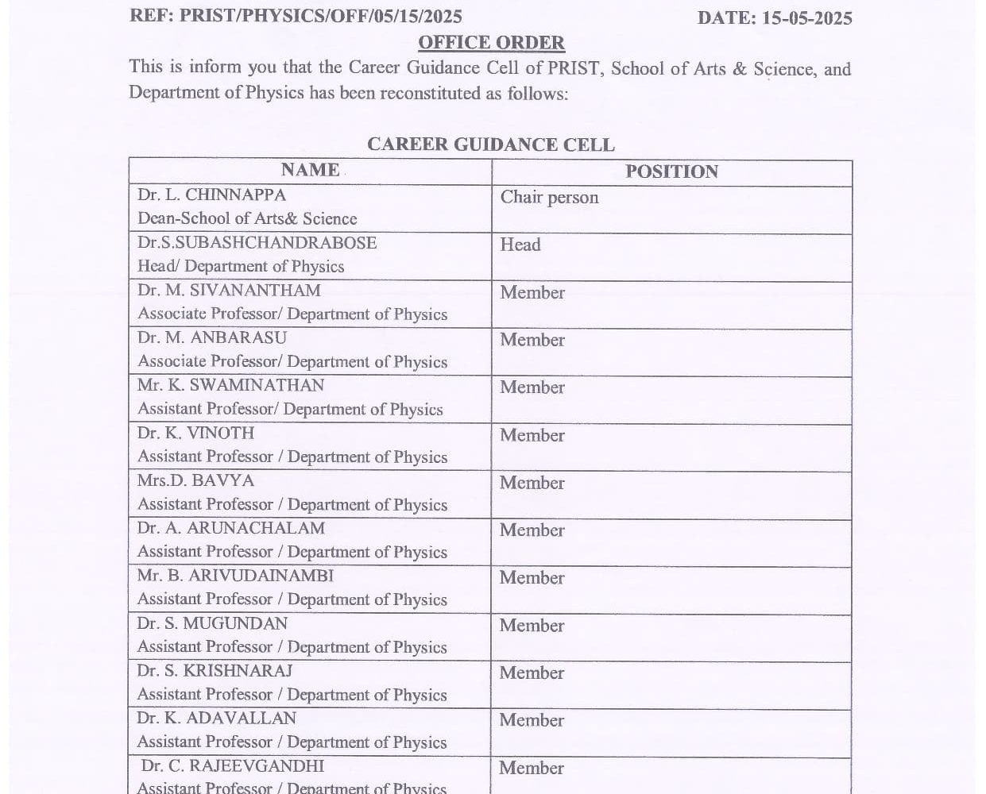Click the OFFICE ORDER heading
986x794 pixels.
click(x=491, y=43)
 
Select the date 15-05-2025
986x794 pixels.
click(x=806, y=18)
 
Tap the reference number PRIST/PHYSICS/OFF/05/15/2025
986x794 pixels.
click(x=321, y=17)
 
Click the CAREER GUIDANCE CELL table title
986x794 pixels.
click(x=490, y=145)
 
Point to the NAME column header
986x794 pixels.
click(x=310, y=170)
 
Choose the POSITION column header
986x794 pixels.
click(x=671, y=172)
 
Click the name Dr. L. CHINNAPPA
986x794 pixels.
click(x=211, y=195)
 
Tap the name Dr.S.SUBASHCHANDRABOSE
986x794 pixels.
click(x=257, y=242)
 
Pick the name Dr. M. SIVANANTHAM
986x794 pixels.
click(x=229, y=291)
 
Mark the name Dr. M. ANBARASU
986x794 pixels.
click(x=212, y=337)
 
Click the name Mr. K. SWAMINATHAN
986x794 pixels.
click(x=230, y=385)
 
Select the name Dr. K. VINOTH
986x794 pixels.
click(x=195, y=433)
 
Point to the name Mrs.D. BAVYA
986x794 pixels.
click(x=195, y=480)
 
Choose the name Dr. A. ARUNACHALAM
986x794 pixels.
click(x=230, y=528)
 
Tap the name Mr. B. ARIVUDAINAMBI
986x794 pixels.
click(x=235, y=576)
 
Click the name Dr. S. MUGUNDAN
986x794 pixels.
click(x=212, y=623)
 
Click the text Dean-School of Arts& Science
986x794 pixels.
click(x=247, y=218)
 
